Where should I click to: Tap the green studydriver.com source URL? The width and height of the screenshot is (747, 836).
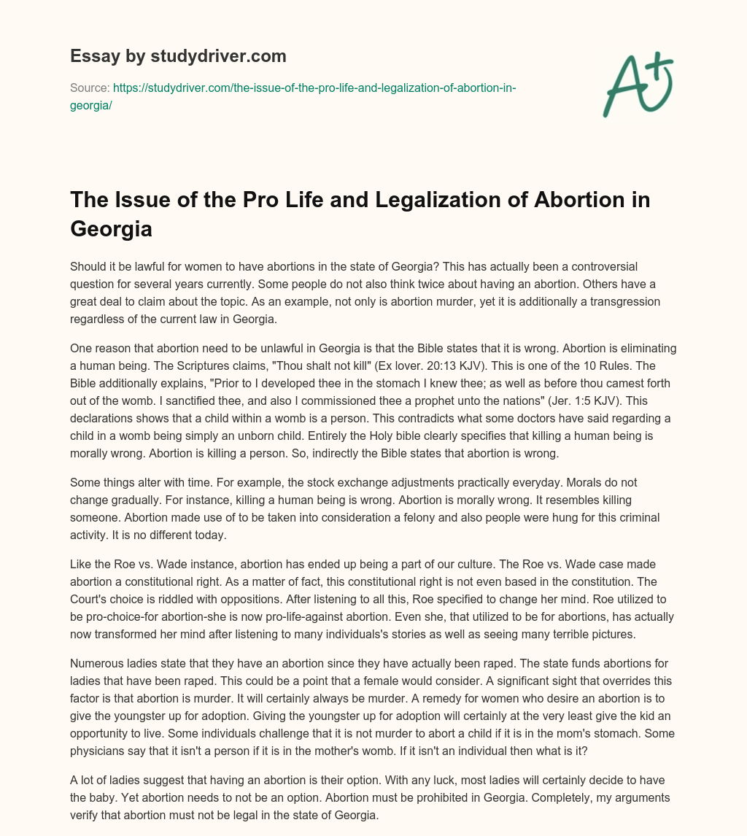click(x=314, y=87)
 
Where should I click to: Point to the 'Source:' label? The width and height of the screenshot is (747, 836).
click(x=89, y=87)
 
